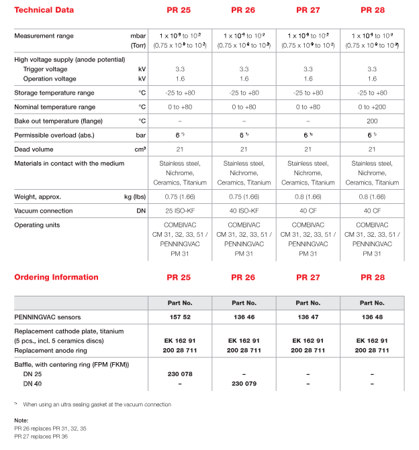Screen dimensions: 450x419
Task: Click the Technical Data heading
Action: click(44, 10)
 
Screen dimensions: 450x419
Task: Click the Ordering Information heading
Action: click(56, 277)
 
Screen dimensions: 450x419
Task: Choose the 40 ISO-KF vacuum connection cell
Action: click(244, 211)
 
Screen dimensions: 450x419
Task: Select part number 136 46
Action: click(244, 316)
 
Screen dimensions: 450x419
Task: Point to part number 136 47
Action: click(308, 316)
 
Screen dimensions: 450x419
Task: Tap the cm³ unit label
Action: click(140, 149)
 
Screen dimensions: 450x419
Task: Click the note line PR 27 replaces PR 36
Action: click(41, 437)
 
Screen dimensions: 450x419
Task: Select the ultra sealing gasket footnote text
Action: click(97, 404)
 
